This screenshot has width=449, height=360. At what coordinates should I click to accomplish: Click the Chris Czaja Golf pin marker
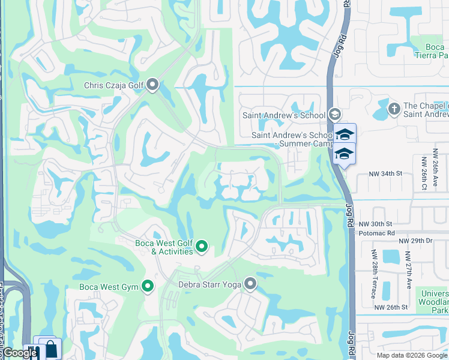pos(152,85)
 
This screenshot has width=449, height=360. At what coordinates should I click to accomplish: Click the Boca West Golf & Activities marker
pos(202,246)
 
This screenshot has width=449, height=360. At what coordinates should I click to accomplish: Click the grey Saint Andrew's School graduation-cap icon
pos(334,114)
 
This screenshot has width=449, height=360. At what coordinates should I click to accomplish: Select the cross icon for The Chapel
pos(394,109)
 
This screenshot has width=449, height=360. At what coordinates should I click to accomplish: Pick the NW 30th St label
pos(376,223)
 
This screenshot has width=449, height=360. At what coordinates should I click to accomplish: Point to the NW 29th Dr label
pos(415,240)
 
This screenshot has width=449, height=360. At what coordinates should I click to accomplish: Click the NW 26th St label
pos(391,307)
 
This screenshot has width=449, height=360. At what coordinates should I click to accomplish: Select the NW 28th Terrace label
pos(373,274)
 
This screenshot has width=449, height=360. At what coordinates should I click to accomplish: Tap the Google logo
pos(20,353)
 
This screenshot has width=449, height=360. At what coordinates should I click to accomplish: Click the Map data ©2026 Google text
pos(412,355)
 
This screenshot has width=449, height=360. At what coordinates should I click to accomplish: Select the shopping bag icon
pos(52,349)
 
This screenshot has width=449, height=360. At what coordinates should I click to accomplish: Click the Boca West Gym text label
pos(109,287)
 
